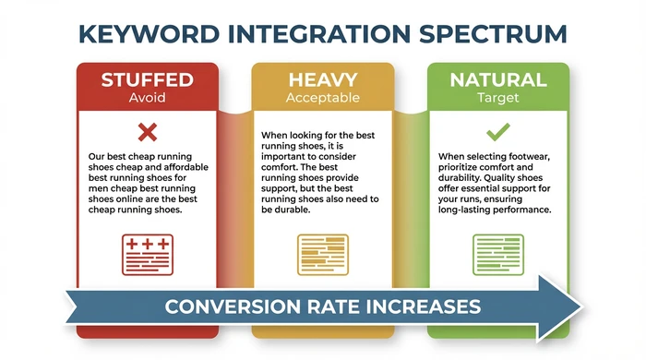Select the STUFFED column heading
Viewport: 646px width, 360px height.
[148, 79]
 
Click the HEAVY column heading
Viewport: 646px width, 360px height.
[323, 80]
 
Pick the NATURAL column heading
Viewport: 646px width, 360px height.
[498, 79]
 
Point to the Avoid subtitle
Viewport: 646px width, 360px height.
[148, 97]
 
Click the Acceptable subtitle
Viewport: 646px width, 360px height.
[323, 97]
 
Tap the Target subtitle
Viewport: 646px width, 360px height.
[498, 97]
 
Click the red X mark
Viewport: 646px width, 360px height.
[147, 130]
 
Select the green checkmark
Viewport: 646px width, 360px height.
[498, 130]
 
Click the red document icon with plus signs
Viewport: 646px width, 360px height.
[147, 252]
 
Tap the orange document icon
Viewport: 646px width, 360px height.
[323, 252]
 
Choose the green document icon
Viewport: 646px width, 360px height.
[498, 252]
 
